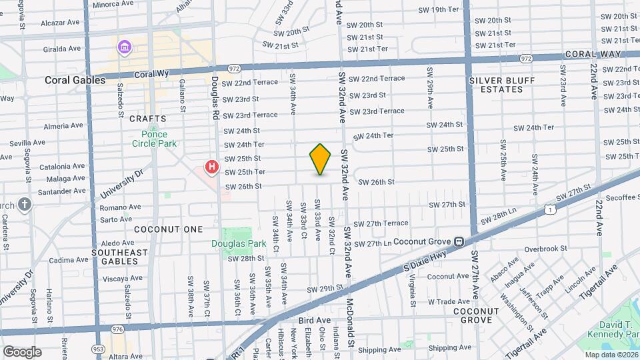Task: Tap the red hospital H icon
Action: (212, 167)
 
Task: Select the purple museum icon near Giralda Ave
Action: (124, 47)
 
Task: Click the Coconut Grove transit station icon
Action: (459, 241)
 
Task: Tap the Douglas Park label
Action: (239, 243)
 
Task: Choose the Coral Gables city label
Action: (75, 80)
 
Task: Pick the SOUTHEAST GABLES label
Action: (119, 257)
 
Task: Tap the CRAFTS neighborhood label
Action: (147, 119)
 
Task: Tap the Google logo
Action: (22, 351)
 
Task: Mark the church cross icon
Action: (25, 204)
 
